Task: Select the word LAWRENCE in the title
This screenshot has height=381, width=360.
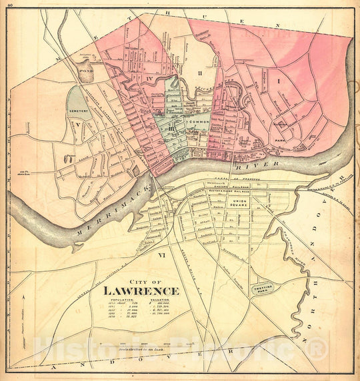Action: [x=141, y=290]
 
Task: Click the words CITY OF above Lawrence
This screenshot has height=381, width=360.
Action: [x=142, y=280]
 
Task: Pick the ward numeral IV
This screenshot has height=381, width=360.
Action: [x=151, y=79]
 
